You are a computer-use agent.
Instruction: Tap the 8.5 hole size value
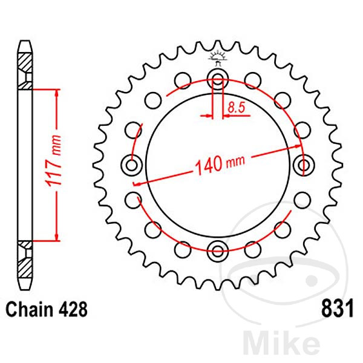click(x=235, y=108)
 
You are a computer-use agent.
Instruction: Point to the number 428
click(x=73, y=309)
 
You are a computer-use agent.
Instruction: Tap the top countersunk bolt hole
click(x=217, y=77)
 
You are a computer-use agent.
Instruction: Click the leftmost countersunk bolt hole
click(x=132, y=163)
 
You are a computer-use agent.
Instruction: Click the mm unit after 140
click(x=233, y=162)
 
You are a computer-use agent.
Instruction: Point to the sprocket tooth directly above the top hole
click(x=217, y=47)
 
